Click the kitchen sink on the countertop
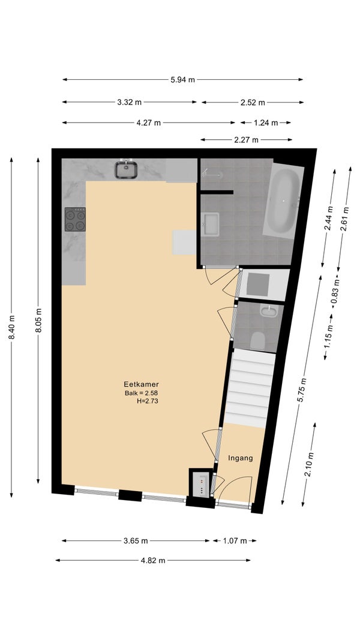[126, 169]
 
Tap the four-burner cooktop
[75, 219]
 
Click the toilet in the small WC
[257, 340]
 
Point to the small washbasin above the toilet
[268, 311]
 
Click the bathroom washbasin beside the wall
[210, 224]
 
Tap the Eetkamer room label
[141, 384]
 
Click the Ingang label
[240, 458]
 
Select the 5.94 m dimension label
[182, 80]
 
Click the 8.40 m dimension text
[11, 327]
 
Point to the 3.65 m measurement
[136, 541]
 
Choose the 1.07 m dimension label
[235, 541]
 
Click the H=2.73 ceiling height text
[147, 401]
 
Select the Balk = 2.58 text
[141, 393]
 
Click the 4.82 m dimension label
[153, 560]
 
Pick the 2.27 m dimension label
[246, 140]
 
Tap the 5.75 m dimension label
[302, 390]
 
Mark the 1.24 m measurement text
[265, 122]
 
